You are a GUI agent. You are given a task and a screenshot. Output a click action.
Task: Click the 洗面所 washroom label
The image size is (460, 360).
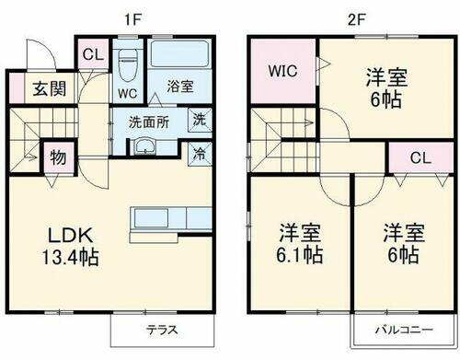148,121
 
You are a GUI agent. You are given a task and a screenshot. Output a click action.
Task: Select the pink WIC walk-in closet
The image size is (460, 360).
282,69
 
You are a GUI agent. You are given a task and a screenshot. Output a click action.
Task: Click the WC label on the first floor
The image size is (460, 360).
127,93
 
